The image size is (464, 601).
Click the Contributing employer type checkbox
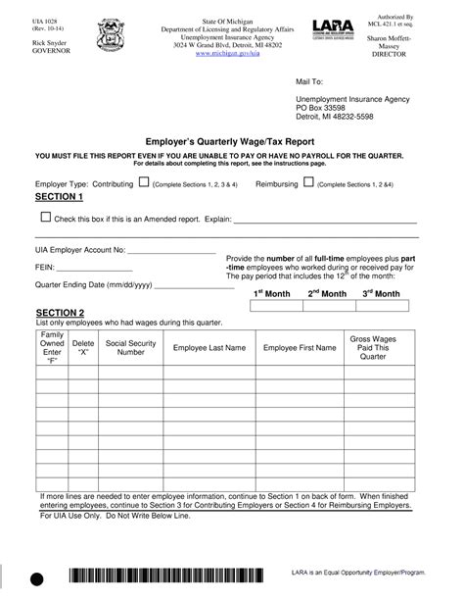[143, 183]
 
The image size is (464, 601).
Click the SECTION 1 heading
[59, 197]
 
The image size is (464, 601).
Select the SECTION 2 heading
[59, 312]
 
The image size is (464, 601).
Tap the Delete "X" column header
[83, 347]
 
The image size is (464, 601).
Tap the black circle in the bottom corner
[37, 581]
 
